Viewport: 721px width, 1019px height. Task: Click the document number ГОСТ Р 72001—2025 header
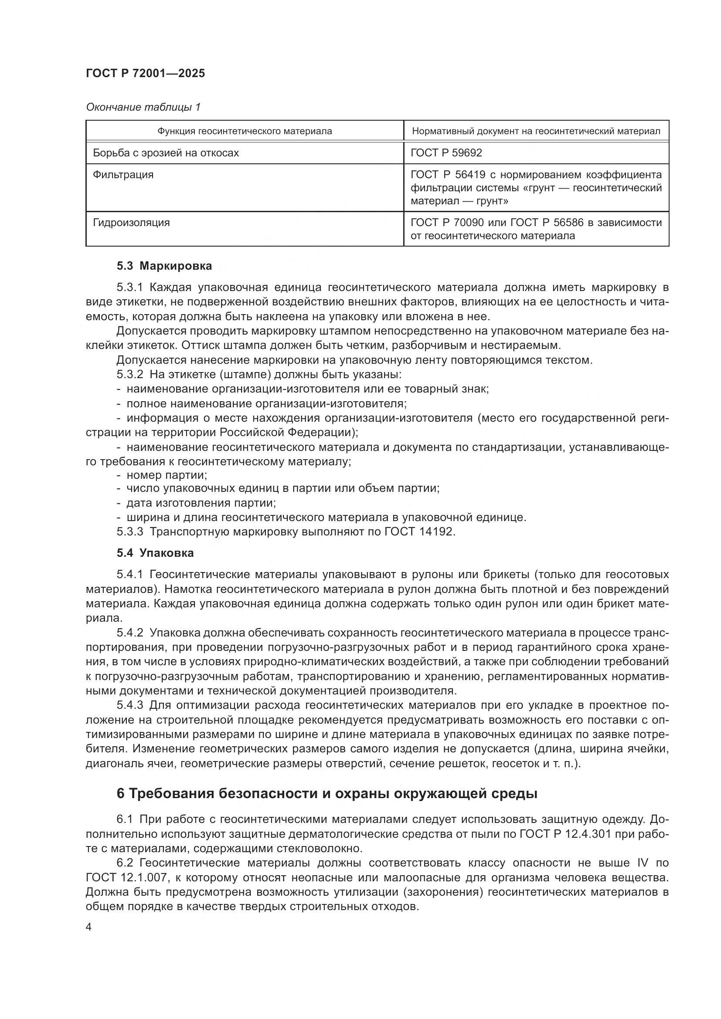pyautogui.click(x=145, y=74)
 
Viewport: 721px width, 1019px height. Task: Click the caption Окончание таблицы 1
pyautogui.click(x=143, y=107)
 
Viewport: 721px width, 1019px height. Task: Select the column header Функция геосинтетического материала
pyautogui.click(x=245, y=132)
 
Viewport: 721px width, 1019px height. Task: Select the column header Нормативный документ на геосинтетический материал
pyautogui.click(x=536, y=132)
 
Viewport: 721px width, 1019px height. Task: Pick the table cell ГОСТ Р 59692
pyautogui.click(x=446, y=153)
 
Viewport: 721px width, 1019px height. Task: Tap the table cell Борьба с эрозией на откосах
pyautogui.click(x=166, y=153)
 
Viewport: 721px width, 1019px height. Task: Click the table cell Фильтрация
pyautogui.click(x=123, y=175)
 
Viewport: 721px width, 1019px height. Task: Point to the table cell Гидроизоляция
pyautogui.click(x=131, y=222)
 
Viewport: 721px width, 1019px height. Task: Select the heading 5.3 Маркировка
pyautogui.click(x=164, y=266)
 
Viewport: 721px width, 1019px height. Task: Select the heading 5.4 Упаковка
pyautogui.click(x=155, y=553)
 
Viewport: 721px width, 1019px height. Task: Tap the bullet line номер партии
pyautogui.click(x=167, y=475)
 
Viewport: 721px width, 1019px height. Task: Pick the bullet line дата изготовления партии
pyautogui.click(x=201, y=503)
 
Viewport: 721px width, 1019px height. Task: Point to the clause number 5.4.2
pyautogui.click(x=129, y=633)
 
